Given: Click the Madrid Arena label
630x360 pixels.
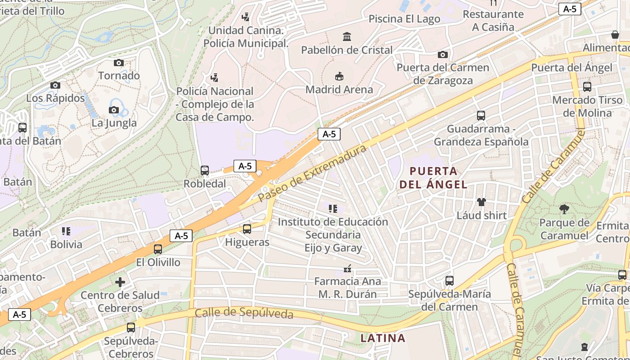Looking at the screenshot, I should [339, 90].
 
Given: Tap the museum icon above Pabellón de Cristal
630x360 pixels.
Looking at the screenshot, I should [347, 36].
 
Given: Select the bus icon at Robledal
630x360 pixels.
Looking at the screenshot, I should [205, 171].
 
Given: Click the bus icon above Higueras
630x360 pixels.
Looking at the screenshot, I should [247, 229].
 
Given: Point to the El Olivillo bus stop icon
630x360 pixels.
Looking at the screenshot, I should [158, 249].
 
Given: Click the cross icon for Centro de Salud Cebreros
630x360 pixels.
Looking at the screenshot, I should [120, 282].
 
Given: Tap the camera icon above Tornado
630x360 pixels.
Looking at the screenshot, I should [119, 63].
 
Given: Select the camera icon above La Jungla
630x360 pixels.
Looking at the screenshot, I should [114, 110].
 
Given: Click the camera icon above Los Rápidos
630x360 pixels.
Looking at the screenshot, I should [55, 85].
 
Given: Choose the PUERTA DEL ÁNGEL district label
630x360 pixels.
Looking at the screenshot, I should [434, 178].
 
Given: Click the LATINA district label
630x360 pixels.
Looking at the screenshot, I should [383, 338].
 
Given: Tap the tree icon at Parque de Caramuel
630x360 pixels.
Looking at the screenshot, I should [564, 209].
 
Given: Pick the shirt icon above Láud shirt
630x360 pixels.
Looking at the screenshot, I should [481, 202].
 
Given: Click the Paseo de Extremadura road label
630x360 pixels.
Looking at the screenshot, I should [313, 173].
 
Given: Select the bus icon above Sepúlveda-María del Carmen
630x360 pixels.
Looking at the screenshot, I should [449, 281].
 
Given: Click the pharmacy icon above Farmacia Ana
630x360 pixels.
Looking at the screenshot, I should [347, 269].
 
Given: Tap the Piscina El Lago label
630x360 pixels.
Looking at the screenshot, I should [404, 19].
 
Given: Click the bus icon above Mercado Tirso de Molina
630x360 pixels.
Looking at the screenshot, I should [587, 87].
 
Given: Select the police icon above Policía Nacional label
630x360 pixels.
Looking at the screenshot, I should [215, 78].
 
